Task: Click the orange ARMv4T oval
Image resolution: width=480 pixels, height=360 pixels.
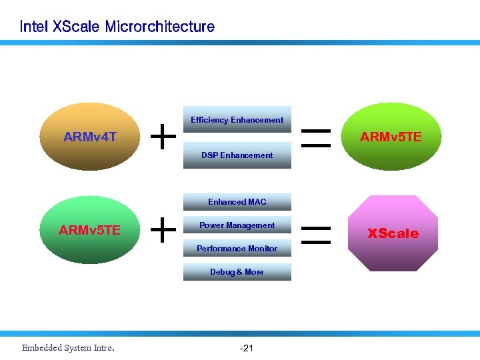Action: coord(89,137)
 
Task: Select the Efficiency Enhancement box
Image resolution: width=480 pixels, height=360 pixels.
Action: coord(237,120)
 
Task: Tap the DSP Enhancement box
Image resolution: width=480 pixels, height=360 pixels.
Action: coord(237,155)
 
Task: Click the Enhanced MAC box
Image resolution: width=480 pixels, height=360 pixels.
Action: coord(237,202)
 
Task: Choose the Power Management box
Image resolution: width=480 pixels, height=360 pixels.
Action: coord(237,225)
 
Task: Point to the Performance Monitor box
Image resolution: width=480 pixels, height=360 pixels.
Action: coord(237,249)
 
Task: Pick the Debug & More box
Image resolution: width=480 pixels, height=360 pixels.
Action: coord(237,272)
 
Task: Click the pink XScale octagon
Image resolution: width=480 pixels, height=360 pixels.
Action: coord(393,233)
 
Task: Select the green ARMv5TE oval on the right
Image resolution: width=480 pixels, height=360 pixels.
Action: coord(391,137)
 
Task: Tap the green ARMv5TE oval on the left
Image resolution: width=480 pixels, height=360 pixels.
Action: coord(89,231)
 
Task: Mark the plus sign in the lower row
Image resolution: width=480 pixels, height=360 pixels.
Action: coord(163,231)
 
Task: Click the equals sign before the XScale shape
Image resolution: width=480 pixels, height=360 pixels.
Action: coord(317,233)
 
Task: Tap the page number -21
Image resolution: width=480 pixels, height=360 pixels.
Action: coord(245,348)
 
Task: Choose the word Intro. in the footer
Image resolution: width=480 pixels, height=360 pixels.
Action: coord(104,348)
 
